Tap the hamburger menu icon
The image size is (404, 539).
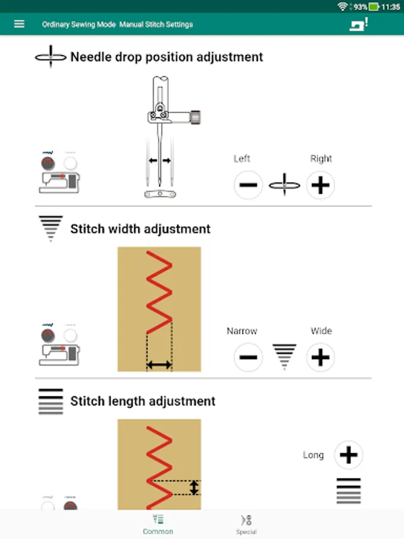pyautogui.click(x=19, y=24)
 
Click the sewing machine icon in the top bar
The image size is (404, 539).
pyautogui.click(x=359, y=25)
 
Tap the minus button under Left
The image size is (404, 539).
pyautogui.click(x=248, y=185)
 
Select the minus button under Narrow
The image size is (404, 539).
pyautogui.click(x=248, y=357)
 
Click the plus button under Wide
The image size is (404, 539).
pyautogui.click(x=321, y=357)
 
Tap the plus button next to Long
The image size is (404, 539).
pyautogui.click(x=349, y=455)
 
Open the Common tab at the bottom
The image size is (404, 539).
pyautogui.click(x=158, y=525)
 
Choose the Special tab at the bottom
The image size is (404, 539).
pyautogui.click(x=247, y=525)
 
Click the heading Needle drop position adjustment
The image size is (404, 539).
pyautogui.click(x=166, y=57)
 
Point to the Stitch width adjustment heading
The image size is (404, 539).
pyautogui.click(x=140, y=229)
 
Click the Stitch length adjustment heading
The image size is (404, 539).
pyautogui.click(x=142, y=401)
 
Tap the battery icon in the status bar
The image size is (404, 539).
pyautogui.click(x=373, y=7)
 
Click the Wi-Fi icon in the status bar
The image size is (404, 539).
pyautogui.click(x=342, y=6)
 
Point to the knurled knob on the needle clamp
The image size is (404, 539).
pyautogui.click(x=195, y=117)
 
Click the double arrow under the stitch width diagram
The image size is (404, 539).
pyautogui.click(x=159, y=365)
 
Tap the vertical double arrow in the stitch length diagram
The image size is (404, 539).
pyautogui.click(x=194, y=487)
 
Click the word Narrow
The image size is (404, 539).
pyautogui.click(x=242, y=331)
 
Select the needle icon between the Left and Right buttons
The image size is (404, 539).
pyautogui.click(x=284, y=185)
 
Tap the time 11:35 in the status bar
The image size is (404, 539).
pyautogui.click(x=391, y=7)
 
